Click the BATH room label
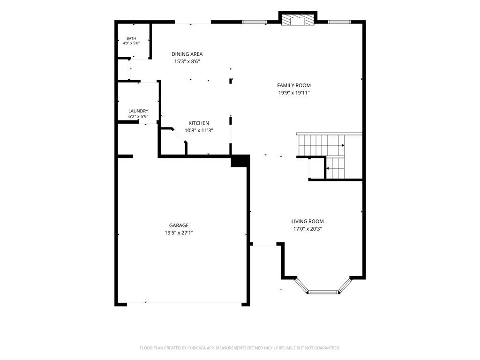coord(131,38)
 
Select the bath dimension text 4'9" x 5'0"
coord(131,43)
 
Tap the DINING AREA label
coord(187,54)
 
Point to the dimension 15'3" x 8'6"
coord(187,61)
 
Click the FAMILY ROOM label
coord(294,85)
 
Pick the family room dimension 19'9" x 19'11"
coord(294,93)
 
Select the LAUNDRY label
coord(138,111)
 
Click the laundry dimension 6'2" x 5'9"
coord(138,117)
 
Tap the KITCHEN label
coord(199,123)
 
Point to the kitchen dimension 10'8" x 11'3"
coord(199,130)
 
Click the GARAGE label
coord(179,225)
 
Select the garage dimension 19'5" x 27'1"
coord(179,232)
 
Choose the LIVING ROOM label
coord(307,221)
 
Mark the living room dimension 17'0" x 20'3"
coord(307,229)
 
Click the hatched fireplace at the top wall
coord(298,21)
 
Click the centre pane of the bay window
coord(323,292)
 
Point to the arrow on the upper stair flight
coord(343,145)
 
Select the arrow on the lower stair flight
coord(328,168)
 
